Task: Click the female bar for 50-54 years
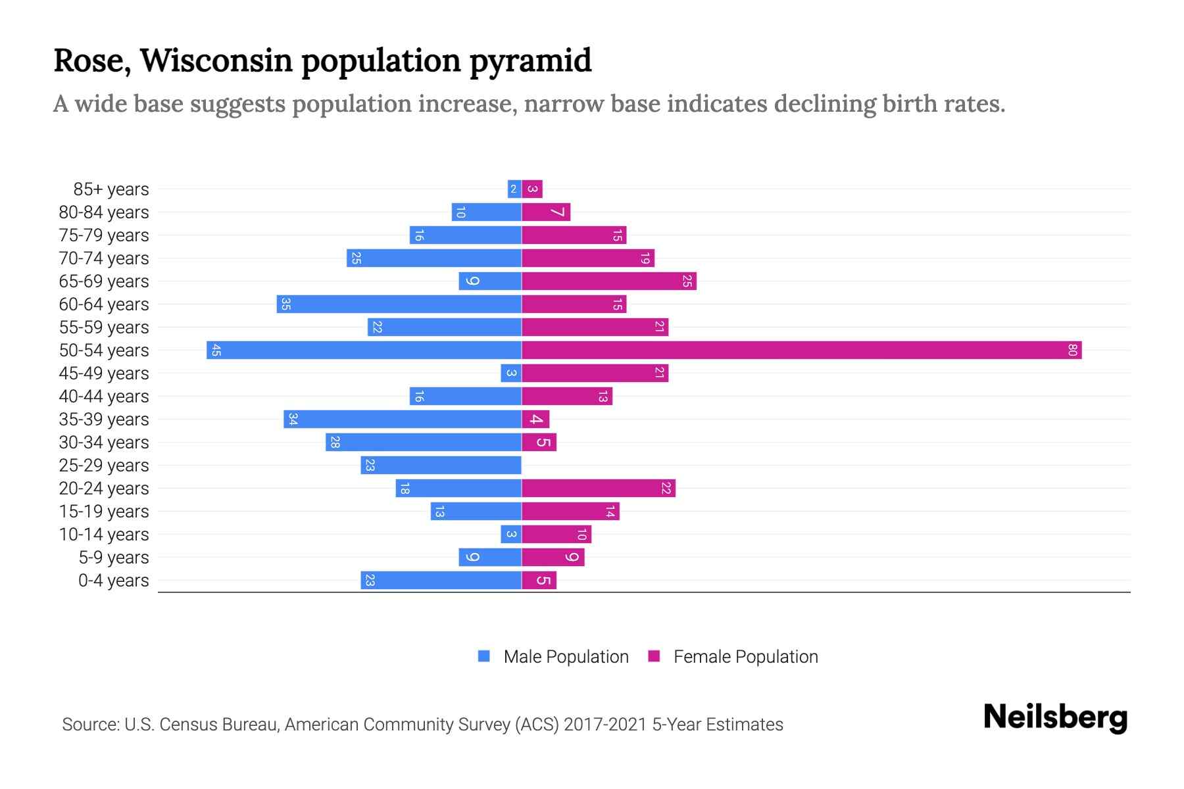pyautogui.click(x=801, y=350)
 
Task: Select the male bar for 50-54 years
pyautogui.click(x=364, y=350)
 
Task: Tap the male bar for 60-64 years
pyautogui.click(x=399, y=304)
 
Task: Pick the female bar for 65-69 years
pyautogui.click(x=608, y=281)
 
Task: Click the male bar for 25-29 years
pyautogui.click(x=441, y=465)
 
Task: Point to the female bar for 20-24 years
pyautogui.click(x=598, y=488)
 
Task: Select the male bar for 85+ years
pyautogui.click(x=514, y=189)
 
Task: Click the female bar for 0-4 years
pyautogui.click(x=539, y=580)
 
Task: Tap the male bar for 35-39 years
pyautogui.click(x=403, y=419)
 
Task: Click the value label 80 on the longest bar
pyautogui.click(x=1072, y=350)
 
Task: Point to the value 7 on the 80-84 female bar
pyautogui.click(x=558, y=212)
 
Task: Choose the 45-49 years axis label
pyautogui.click(x=104, y=373)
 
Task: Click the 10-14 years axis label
pyautogui.click(x=104, y=534)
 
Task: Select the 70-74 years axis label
pyautogui.click(x=104, y=258)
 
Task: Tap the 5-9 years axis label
pyautogui.click(x=114, y=557)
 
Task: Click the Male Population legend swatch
pyautogui.click(x=484, y=656)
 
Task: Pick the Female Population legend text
pyautogui.click(x=745, y=656)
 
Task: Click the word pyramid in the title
pyautogui.click(x=530, y=60)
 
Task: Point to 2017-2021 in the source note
pyautogui.click(x=605, y=724)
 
